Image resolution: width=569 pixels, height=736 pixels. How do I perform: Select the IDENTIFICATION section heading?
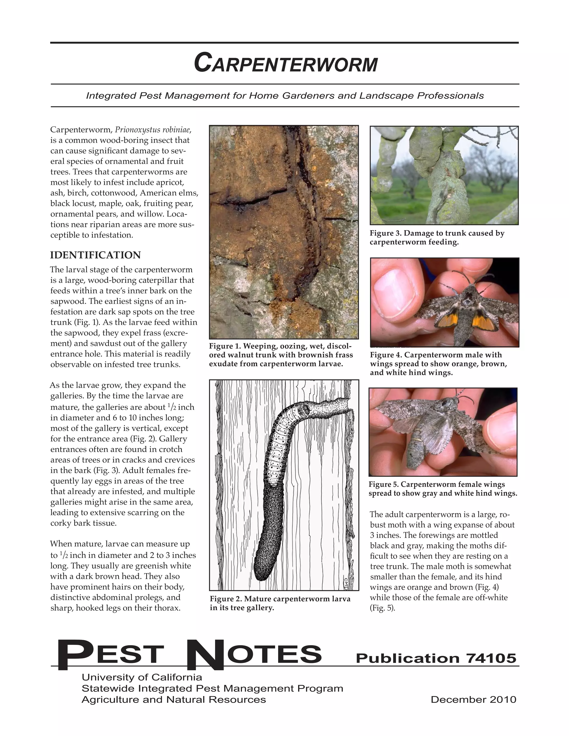coord(95,255)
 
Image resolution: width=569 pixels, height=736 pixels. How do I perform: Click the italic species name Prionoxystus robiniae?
coord(153,130)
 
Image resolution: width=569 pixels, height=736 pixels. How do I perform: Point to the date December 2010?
coord(473,700)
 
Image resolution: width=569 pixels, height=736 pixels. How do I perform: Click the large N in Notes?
coord(204,655)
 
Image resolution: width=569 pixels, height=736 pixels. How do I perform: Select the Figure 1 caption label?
coord(224,346)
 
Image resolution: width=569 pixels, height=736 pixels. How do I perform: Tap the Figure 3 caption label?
coord(385,233)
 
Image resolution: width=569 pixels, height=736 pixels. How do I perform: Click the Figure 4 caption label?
coord(386,355)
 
